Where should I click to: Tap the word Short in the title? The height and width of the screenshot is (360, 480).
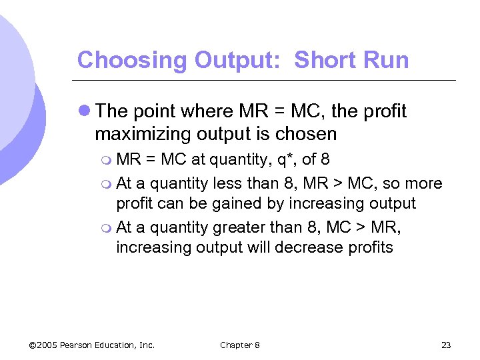click(x=321, y=60)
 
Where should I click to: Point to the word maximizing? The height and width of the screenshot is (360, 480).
click(x=144, y=134)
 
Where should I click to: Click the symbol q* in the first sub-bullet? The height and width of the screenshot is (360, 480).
click(x=285, y=160)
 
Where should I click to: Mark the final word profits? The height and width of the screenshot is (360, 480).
click(x=370, y=247)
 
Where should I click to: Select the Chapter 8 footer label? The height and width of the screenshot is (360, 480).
click(x=240, y=345)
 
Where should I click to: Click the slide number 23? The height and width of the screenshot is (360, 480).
click(x=446, y=345)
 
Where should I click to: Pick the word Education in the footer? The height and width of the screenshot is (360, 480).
click(x=118, y=345)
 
